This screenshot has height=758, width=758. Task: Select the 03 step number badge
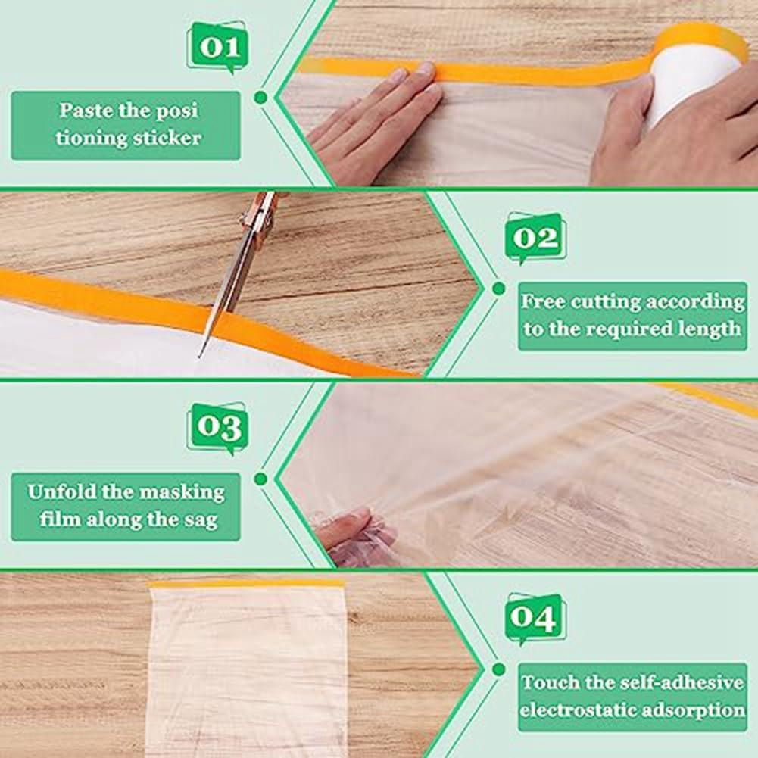coord(219,429)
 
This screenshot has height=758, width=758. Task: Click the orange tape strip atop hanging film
coord(246,584)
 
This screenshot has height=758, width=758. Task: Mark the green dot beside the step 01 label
coord(260,98)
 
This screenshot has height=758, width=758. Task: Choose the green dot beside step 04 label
coord(498,669)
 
